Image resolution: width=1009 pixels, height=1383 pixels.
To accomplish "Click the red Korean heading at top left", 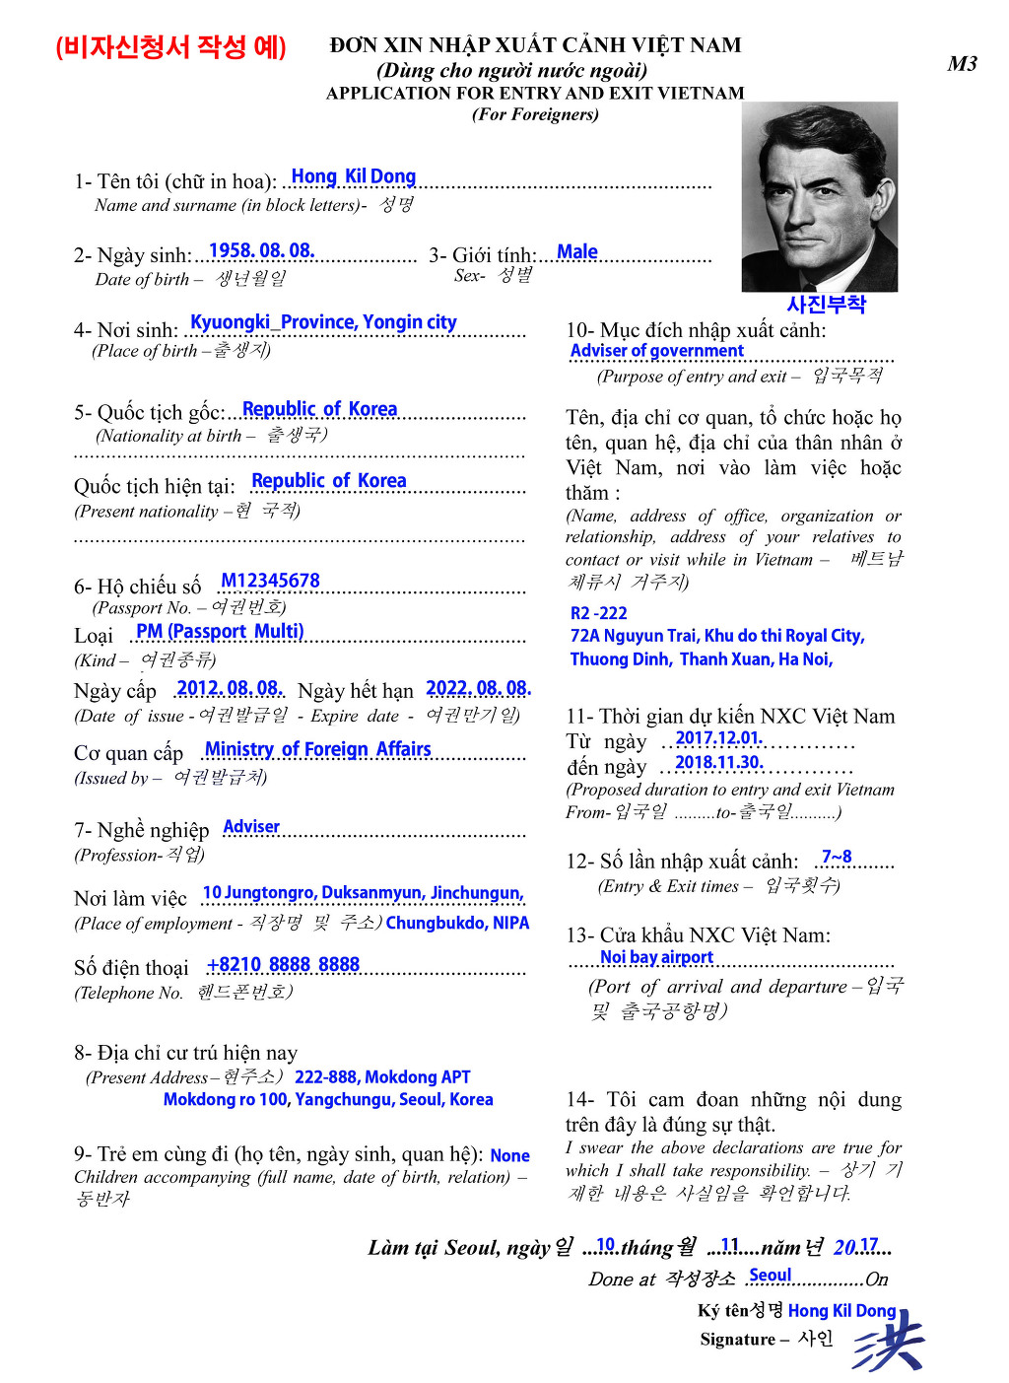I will coord(170,47).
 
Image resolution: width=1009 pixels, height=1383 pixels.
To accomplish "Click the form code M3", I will coord(962,64).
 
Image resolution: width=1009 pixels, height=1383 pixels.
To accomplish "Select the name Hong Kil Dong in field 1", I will coord(353,177).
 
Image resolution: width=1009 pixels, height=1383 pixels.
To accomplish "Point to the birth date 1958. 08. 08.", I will coord(261,251).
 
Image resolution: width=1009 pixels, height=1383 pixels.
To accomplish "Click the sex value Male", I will coord(576,252).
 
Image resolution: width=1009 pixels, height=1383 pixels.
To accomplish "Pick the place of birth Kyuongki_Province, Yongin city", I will coord(323,322).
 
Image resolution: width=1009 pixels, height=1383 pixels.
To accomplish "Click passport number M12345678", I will coord(270,581).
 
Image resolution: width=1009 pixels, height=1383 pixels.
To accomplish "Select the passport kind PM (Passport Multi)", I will coord(220,631).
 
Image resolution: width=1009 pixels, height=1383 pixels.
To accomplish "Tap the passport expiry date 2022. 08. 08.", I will coord(478,688).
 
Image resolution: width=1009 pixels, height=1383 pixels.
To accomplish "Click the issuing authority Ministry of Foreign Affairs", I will coord(317,749).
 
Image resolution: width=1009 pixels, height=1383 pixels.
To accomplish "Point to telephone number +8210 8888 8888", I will coord(283,964).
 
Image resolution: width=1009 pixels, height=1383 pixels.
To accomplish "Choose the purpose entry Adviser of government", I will coord(656,351).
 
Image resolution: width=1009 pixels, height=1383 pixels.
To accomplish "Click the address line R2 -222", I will coord(598,613).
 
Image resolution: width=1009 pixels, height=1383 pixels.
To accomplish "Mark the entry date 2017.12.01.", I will coord(718,738).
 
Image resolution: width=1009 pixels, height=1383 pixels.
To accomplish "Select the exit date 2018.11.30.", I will coord(718,763).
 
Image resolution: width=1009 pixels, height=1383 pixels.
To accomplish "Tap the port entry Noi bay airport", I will coord(656,957).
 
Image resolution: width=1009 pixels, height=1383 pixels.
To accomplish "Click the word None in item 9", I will coord(509,1155).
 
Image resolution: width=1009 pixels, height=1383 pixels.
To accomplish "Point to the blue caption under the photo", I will coord(826,305).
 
